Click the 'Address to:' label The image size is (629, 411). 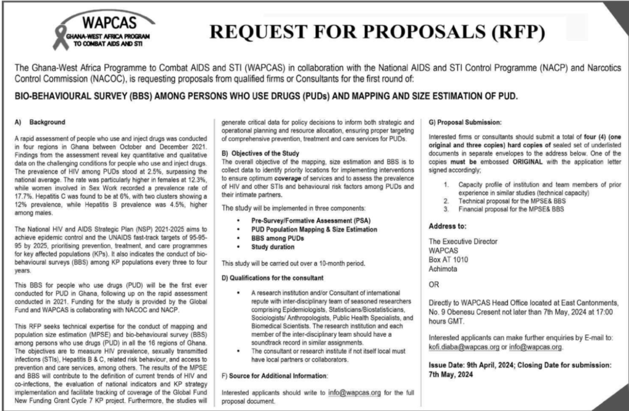(x=448, y=226)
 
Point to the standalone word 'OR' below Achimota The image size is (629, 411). (x=433, y=285)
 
